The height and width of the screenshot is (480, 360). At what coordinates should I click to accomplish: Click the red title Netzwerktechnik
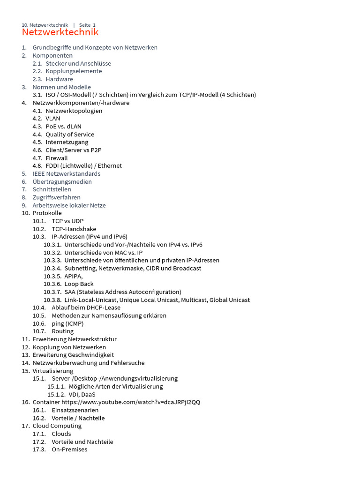click(x=60, y=32)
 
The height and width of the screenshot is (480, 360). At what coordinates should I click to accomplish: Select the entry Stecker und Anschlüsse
click(x=78, y=63)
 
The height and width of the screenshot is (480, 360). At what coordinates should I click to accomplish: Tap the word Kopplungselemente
click(x=74, y=71)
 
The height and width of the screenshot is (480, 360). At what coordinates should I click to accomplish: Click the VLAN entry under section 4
click(x=53, y=119)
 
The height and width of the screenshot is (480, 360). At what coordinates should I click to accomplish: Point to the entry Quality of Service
click(x=70, y=135)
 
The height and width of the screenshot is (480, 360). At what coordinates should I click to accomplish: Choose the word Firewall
click(x=57, y=158)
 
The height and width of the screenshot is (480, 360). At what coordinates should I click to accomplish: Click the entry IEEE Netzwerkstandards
click(x=67, y=174)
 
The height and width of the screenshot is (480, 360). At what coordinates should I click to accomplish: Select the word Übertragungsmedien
click(x=62, y=182)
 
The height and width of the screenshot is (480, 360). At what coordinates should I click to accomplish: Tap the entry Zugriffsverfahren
click(x=57, y=197)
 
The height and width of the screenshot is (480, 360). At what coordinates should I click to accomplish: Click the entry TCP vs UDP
click(x=67, y=221)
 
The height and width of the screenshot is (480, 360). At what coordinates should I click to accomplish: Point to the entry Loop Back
click(x=79, y=284)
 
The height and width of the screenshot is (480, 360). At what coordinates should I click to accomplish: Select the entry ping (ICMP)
click(x=67, y=323)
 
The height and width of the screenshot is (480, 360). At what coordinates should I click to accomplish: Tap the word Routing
click(x=63, y=331)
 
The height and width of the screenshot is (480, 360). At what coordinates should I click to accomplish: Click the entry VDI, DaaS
click(x=82, y=394)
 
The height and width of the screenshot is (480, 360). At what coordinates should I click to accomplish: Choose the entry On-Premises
click(x=69, y=450)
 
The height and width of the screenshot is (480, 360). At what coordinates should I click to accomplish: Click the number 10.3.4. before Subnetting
click(x=52, y=268)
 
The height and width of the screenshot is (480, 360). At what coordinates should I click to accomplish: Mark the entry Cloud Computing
click(x=57, y=426)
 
